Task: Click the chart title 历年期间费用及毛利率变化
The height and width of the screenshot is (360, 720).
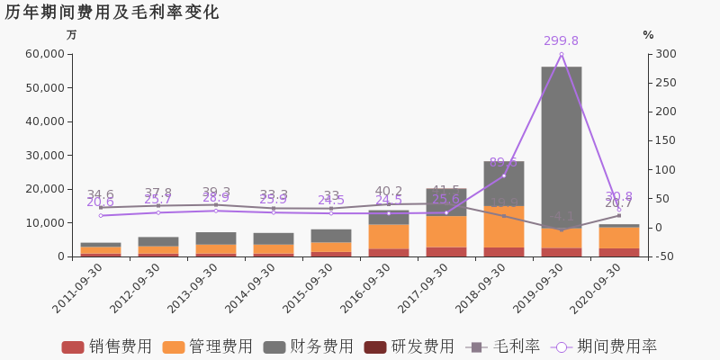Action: tap(112, 13)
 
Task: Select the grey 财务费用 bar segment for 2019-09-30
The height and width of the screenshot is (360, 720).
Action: tap(561, 144)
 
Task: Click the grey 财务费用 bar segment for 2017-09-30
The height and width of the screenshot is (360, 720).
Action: tap(445, 202)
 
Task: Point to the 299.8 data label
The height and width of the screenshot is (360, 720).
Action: tap(561, 41)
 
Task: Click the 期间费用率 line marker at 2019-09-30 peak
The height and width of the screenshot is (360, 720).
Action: tap(561, 55)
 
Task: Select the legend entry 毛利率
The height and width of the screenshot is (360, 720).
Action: tap(503, 346)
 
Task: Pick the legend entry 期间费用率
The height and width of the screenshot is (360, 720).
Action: tap(606, 346)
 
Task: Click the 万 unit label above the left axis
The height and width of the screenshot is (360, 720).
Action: tap(72, 35)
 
